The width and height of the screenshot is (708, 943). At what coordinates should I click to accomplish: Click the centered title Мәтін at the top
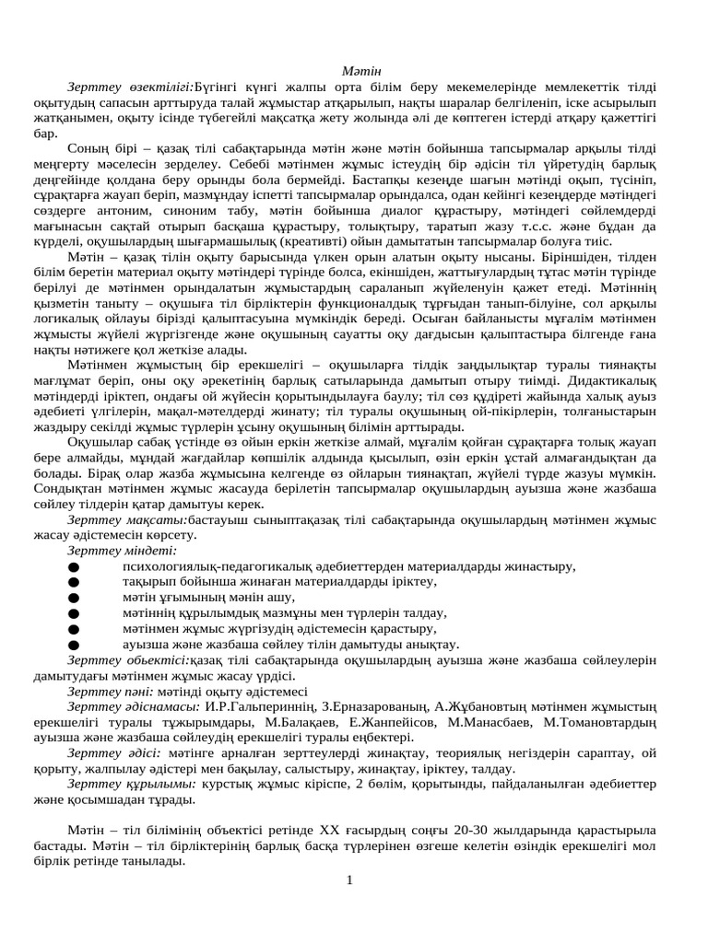[x=355, y=72]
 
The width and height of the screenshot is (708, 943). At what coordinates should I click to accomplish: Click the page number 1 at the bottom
[x=350, y=881]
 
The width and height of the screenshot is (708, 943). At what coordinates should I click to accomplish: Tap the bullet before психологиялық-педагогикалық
[x=73, y=567]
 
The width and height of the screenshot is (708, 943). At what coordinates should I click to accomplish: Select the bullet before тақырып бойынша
[x=73, y=583]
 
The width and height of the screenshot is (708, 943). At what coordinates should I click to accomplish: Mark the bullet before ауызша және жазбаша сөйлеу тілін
[x=73, y=646]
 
